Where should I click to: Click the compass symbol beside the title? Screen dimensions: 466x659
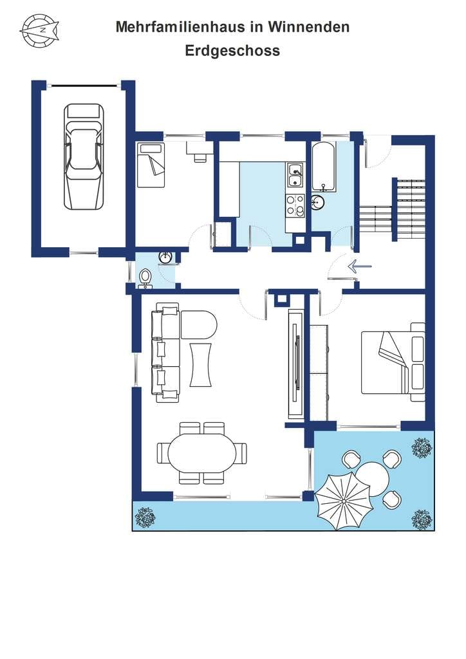39,30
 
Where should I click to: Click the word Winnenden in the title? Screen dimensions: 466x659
309,27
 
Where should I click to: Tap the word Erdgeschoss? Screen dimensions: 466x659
232,50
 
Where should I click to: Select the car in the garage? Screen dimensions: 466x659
84,156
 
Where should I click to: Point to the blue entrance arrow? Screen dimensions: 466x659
359,266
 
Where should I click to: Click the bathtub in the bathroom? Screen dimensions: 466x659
323,167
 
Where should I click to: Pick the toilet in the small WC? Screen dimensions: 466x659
145,278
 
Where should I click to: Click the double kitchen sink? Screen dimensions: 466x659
295,175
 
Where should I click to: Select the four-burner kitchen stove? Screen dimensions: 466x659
295,206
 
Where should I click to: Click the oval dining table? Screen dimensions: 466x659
201,453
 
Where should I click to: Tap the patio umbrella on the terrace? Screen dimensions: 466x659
343,501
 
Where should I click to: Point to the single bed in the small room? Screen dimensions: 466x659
151,165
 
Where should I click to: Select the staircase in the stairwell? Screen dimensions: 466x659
392,209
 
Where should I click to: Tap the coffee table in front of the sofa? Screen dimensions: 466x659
201,364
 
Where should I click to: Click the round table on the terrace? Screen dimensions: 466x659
372,479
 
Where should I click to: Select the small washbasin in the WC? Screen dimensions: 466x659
165,257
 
